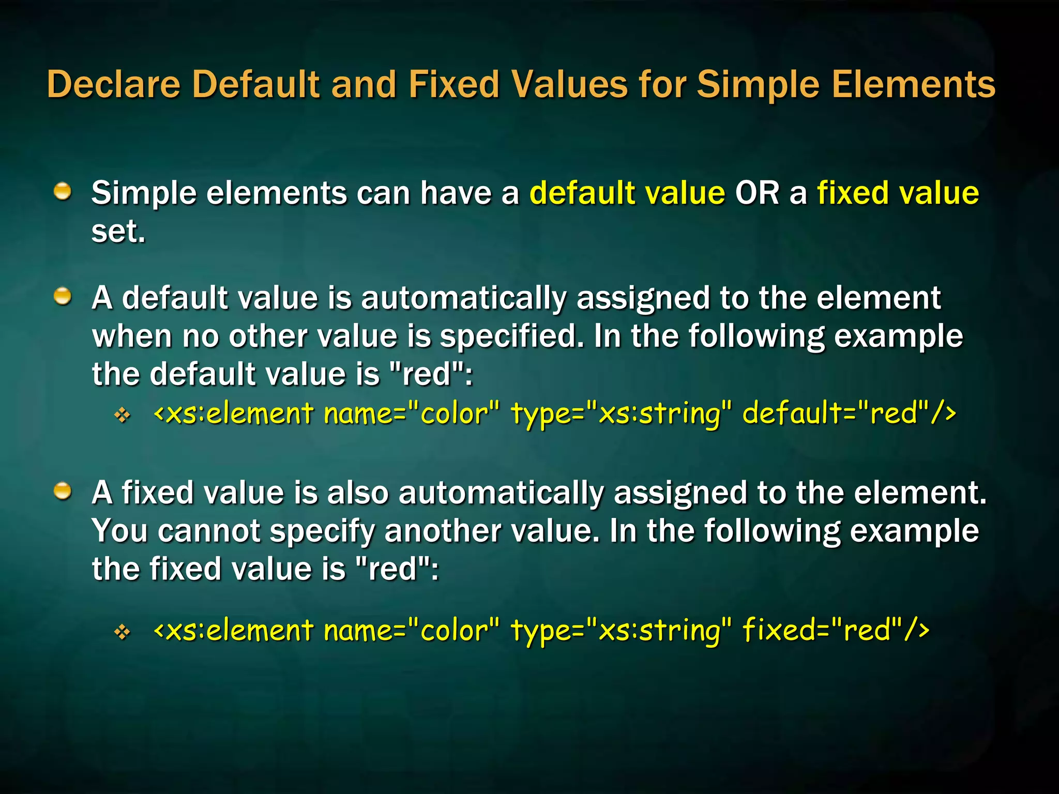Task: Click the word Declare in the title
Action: coord(113,84)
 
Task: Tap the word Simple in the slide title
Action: coord(758,84)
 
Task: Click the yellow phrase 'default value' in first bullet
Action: coord(627,193)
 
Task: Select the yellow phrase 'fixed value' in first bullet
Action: coord(898,193)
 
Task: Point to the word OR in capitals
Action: coord(757,193)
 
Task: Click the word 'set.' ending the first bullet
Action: coord(118,231)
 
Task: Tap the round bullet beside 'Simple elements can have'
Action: coord(63,192)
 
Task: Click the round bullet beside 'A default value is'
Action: coord(63,297)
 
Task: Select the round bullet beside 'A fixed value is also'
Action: coord(63,491)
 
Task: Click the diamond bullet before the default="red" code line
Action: coord(123,415)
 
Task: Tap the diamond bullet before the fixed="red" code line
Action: coord(123,632)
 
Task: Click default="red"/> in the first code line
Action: coord(849,414)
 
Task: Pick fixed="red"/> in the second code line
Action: coord(836,631)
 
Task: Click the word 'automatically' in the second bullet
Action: coord(463,299)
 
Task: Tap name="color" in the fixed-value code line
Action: coord(412,631)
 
